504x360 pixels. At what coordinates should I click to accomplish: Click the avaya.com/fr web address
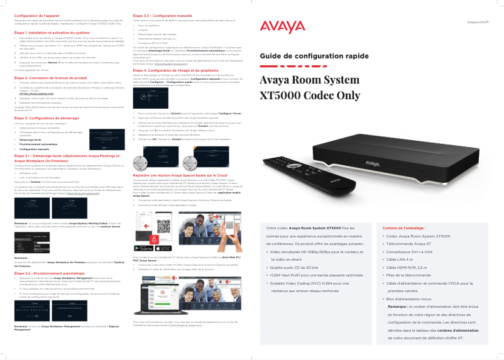click(x=478, y=21)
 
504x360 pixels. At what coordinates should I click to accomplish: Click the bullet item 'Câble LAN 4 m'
click(x=401, y=259)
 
